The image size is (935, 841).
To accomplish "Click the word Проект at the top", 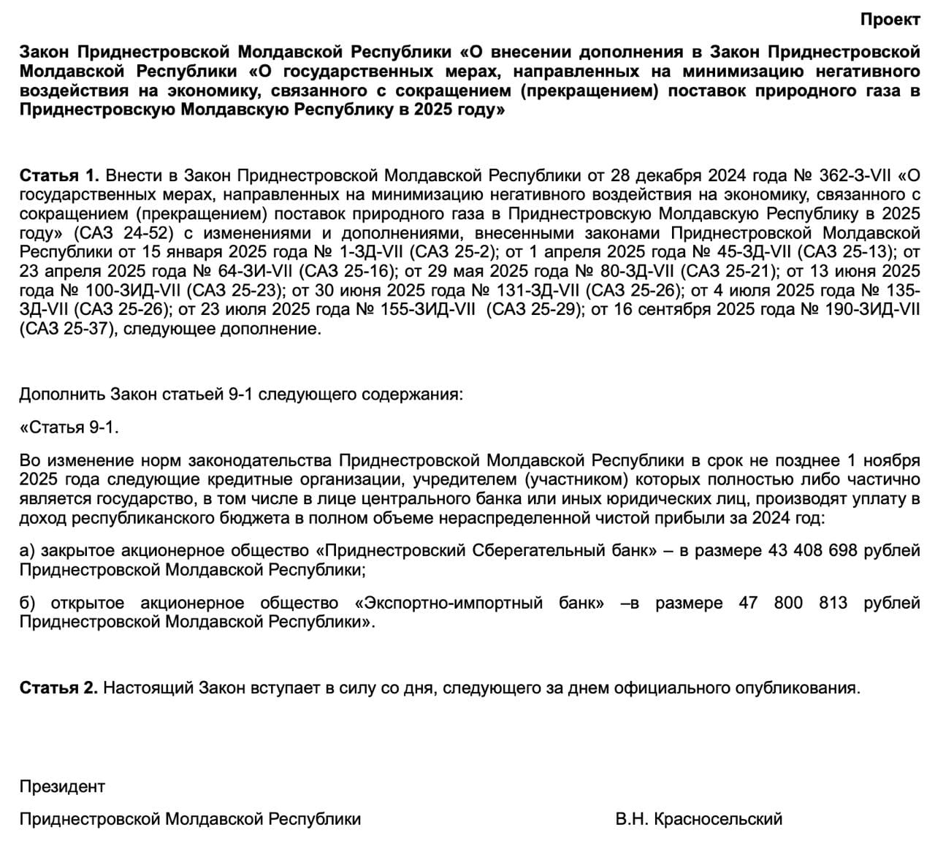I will [x=890, y=20].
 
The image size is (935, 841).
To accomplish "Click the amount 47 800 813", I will [x=803, y=603].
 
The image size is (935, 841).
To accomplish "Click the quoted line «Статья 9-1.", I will [x=69, y=427].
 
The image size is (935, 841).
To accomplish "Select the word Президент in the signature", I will [x=62, y=786].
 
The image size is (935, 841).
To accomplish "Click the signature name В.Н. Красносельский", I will [x=699, y=818].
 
